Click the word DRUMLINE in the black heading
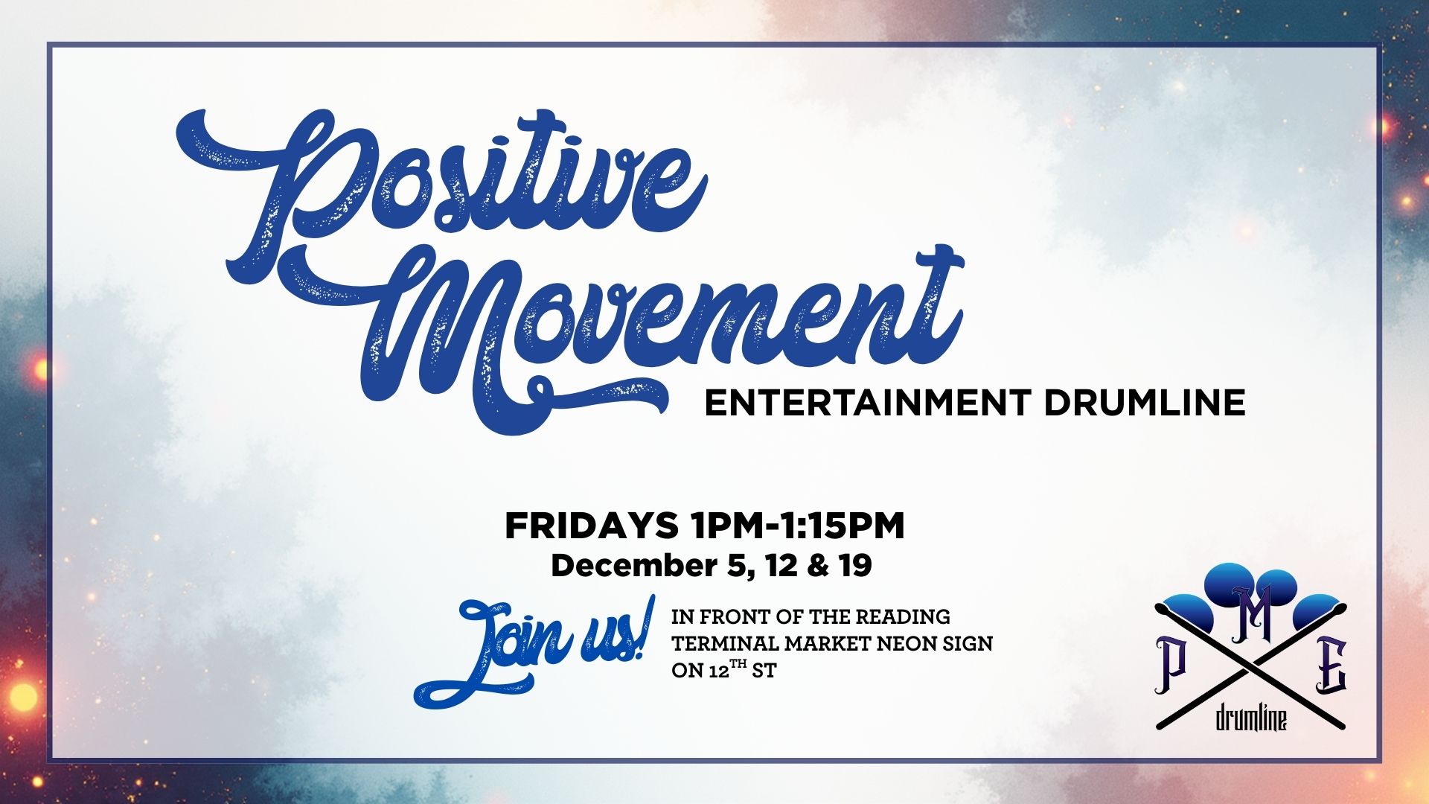click(1145, 403)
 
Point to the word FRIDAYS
click(592, 526)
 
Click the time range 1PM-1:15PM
click(798, 526)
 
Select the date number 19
click(854, 566)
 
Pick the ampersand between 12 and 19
click(817, 566)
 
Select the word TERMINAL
click(726, 643)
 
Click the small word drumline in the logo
click(1250, 718)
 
